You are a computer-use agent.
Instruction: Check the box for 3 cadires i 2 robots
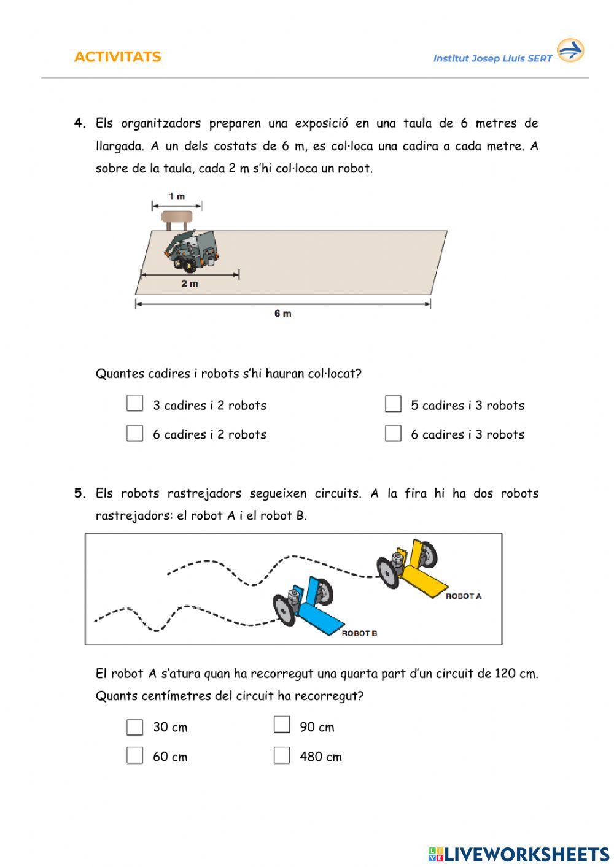(134, 403)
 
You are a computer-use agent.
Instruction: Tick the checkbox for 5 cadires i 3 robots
(393, 404)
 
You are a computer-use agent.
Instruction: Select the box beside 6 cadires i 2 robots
(134, 433)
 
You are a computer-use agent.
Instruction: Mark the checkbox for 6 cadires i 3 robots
(393, 433)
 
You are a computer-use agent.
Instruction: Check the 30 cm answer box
(134, 727)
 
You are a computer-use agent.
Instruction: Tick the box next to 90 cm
(282, 725)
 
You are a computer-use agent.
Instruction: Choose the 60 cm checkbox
(134, 755)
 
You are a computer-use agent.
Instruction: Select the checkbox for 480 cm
(282, 755)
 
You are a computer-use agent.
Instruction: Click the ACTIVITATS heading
(117, 57)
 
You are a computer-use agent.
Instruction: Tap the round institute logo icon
(570, 50)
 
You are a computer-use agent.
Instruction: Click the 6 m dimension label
(282, 314)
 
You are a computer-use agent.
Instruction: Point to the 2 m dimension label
(190, 284)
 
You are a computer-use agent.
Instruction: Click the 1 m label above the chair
(177, 197)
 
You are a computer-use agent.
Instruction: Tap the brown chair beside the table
(177, 218)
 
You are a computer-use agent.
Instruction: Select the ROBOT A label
(464, 596)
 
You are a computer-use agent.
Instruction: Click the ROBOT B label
(359, 633)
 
